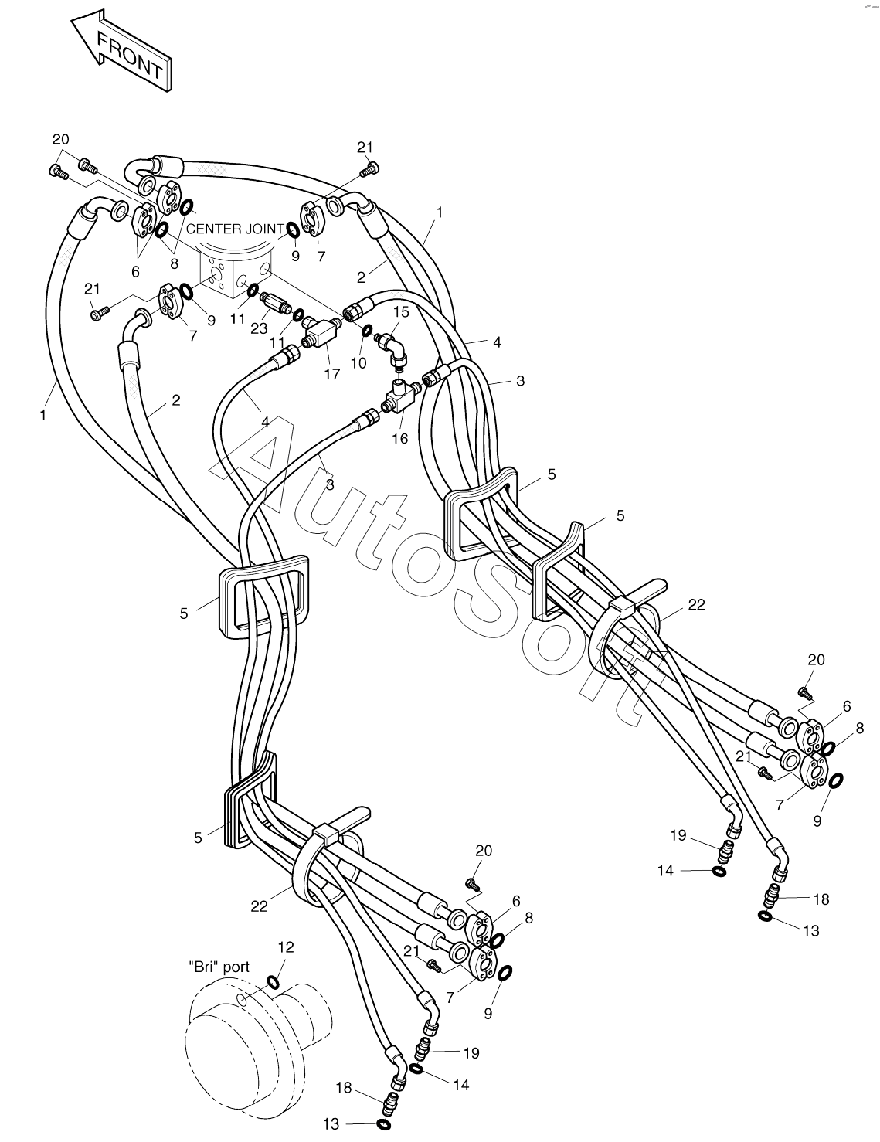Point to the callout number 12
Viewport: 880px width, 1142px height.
click(x=285, y=947)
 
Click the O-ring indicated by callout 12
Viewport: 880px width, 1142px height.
click(x=274, y=983)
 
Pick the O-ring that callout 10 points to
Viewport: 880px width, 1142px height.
click(x=366, y=330)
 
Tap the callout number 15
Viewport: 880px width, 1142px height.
click(x=402, y=311)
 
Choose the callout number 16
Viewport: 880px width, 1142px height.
click(x=399, y=438)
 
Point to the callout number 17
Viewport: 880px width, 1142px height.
click(x=332, y=374)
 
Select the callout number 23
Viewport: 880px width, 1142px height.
click(x=259, y=327)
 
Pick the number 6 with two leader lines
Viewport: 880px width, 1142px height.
click(x=136, y=271)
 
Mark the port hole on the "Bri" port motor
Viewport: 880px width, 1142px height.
click(x=243, y=999)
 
